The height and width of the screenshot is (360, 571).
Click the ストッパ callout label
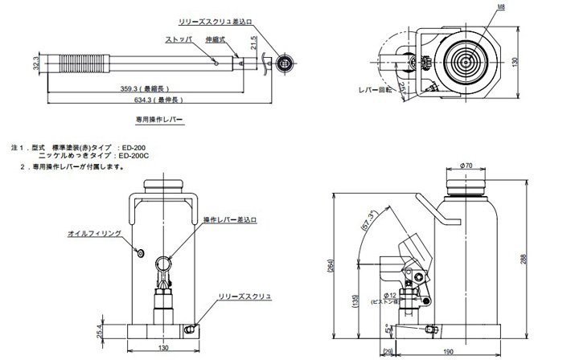(x=179, y=39)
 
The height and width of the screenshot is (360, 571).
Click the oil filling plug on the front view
(x=140, y=253)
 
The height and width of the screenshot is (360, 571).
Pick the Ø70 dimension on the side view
(x=466, y=166)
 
